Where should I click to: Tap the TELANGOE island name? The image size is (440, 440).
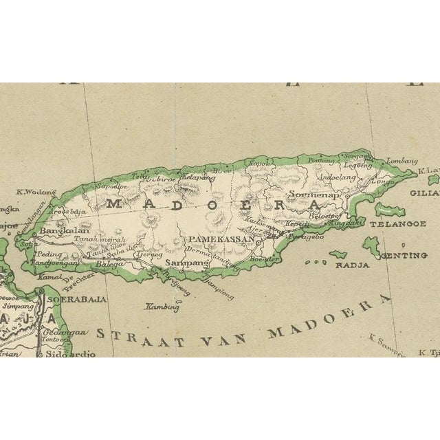point(397,223)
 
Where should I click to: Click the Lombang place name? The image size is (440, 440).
point(401,161)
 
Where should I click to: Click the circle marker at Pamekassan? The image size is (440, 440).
point(257,242)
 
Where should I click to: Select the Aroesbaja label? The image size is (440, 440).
point(67,212)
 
